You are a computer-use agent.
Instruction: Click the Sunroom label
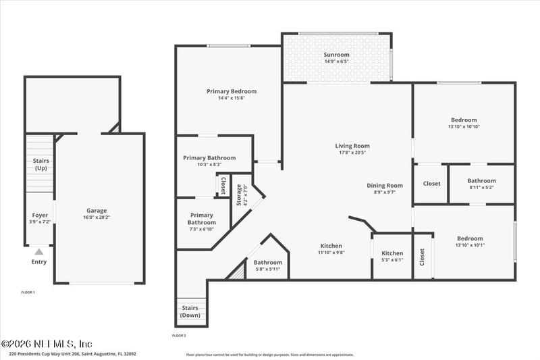pos(336,54)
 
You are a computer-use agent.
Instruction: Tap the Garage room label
pos(97,210)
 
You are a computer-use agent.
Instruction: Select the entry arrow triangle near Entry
pos(38,252)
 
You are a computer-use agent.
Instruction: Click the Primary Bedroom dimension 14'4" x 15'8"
pos(232,99)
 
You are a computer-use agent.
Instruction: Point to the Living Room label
pos(352,145)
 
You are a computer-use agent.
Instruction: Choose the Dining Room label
pos(385,185)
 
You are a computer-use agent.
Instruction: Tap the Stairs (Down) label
pos(190,311)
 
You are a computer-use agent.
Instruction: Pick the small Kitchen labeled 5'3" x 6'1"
pos(392,253)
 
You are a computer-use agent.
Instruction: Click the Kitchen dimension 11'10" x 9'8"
pos(331,253)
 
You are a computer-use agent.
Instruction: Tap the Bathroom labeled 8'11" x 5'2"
pos(481,180)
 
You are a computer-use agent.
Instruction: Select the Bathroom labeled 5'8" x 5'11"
pos(268,262)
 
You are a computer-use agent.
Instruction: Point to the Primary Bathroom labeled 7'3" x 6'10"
pos(201,219)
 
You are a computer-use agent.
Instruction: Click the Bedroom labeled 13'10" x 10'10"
pos(464,120)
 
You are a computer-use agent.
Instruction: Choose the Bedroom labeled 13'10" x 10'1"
pos(470,238)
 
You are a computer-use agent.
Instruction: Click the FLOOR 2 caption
pos(179,335)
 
